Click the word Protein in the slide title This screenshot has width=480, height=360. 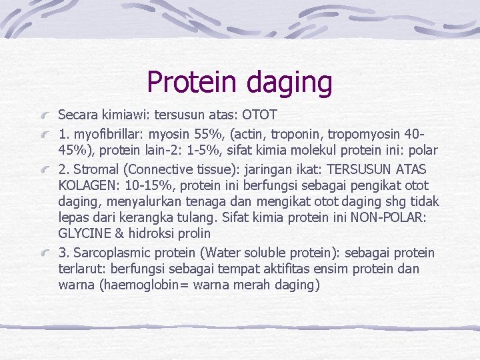[193, 82]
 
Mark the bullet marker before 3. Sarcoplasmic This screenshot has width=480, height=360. [47, 254]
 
